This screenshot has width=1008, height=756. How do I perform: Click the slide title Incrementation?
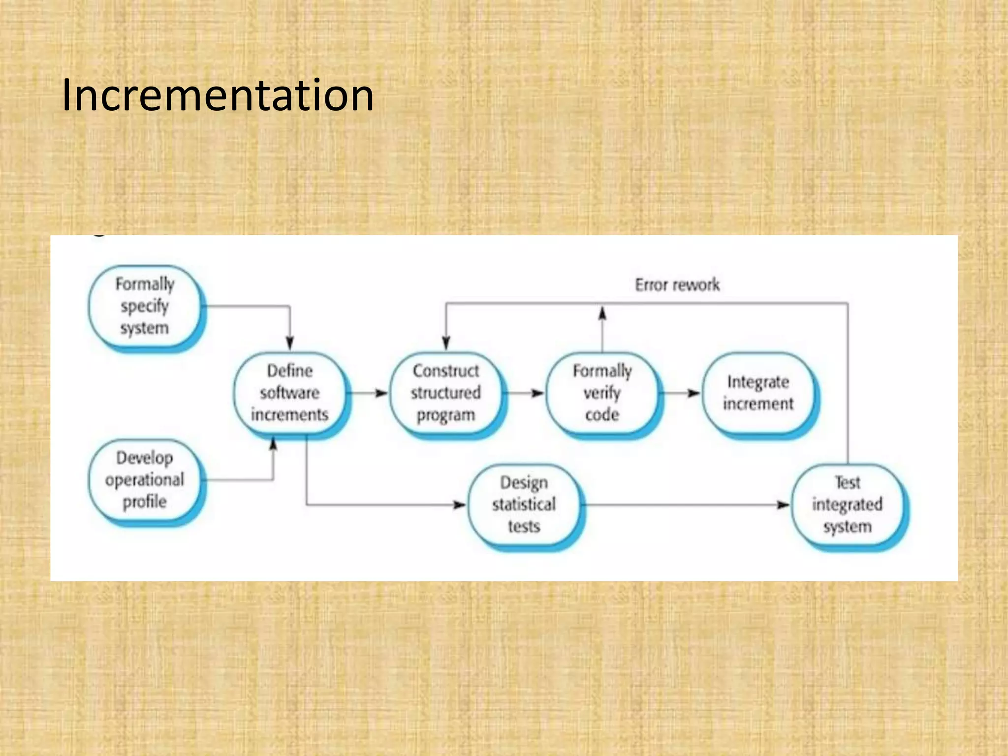(218, 95)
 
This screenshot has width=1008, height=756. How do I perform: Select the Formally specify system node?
(145, 306)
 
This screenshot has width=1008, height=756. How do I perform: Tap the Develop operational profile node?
(145, 480)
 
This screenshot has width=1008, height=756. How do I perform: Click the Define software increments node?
(290, 393)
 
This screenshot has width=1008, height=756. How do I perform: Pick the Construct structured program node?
(446, 393)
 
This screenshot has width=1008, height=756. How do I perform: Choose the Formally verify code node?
(602, 393)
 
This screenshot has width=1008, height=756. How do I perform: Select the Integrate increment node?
(758, 393)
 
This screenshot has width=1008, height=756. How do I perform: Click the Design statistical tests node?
(524, 504)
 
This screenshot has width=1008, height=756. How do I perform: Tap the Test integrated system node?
(847, 504)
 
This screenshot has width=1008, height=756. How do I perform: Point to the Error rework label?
(677, 285)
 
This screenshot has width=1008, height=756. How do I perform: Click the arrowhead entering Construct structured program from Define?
(381, 393)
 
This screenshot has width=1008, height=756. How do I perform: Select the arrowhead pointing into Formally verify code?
(537, 393)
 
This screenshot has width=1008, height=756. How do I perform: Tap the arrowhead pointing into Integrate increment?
(693, 393)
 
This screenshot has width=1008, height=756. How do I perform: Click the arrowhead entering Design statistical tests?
(459, 505)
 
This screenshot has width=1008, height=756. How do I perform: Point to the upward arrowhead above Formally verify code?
(602, 314)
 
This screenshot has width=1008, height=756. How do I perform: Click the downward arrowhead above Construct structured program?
(446, 343)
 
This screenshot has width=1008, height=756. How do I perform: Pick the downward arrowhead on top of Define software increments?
(290, 343)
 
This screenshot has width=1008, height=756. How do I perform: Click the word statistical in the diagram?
(524, 504)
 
